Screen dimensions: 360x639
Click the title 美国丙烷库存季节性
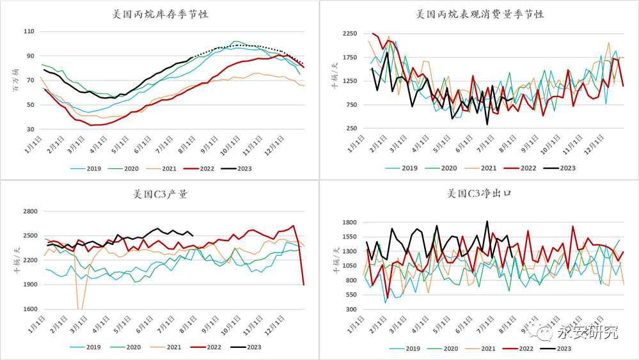pos(159,13)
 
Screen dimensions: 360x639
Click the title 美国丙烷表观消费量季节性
pos(479,13)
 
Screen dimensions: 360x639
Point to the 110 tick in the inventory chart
pos(28,31)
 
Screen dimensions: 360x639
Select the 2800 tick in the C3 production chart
pos(29,211)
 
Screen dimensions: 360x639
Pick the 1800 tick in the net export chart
pos(349,222)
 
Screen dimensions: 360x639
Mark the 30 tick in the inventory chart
pos(30,129)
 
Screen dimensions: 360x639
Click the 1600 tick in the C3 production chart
pos(29,309)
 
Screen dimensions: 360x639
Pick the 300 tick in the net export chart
pos(351,309)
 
